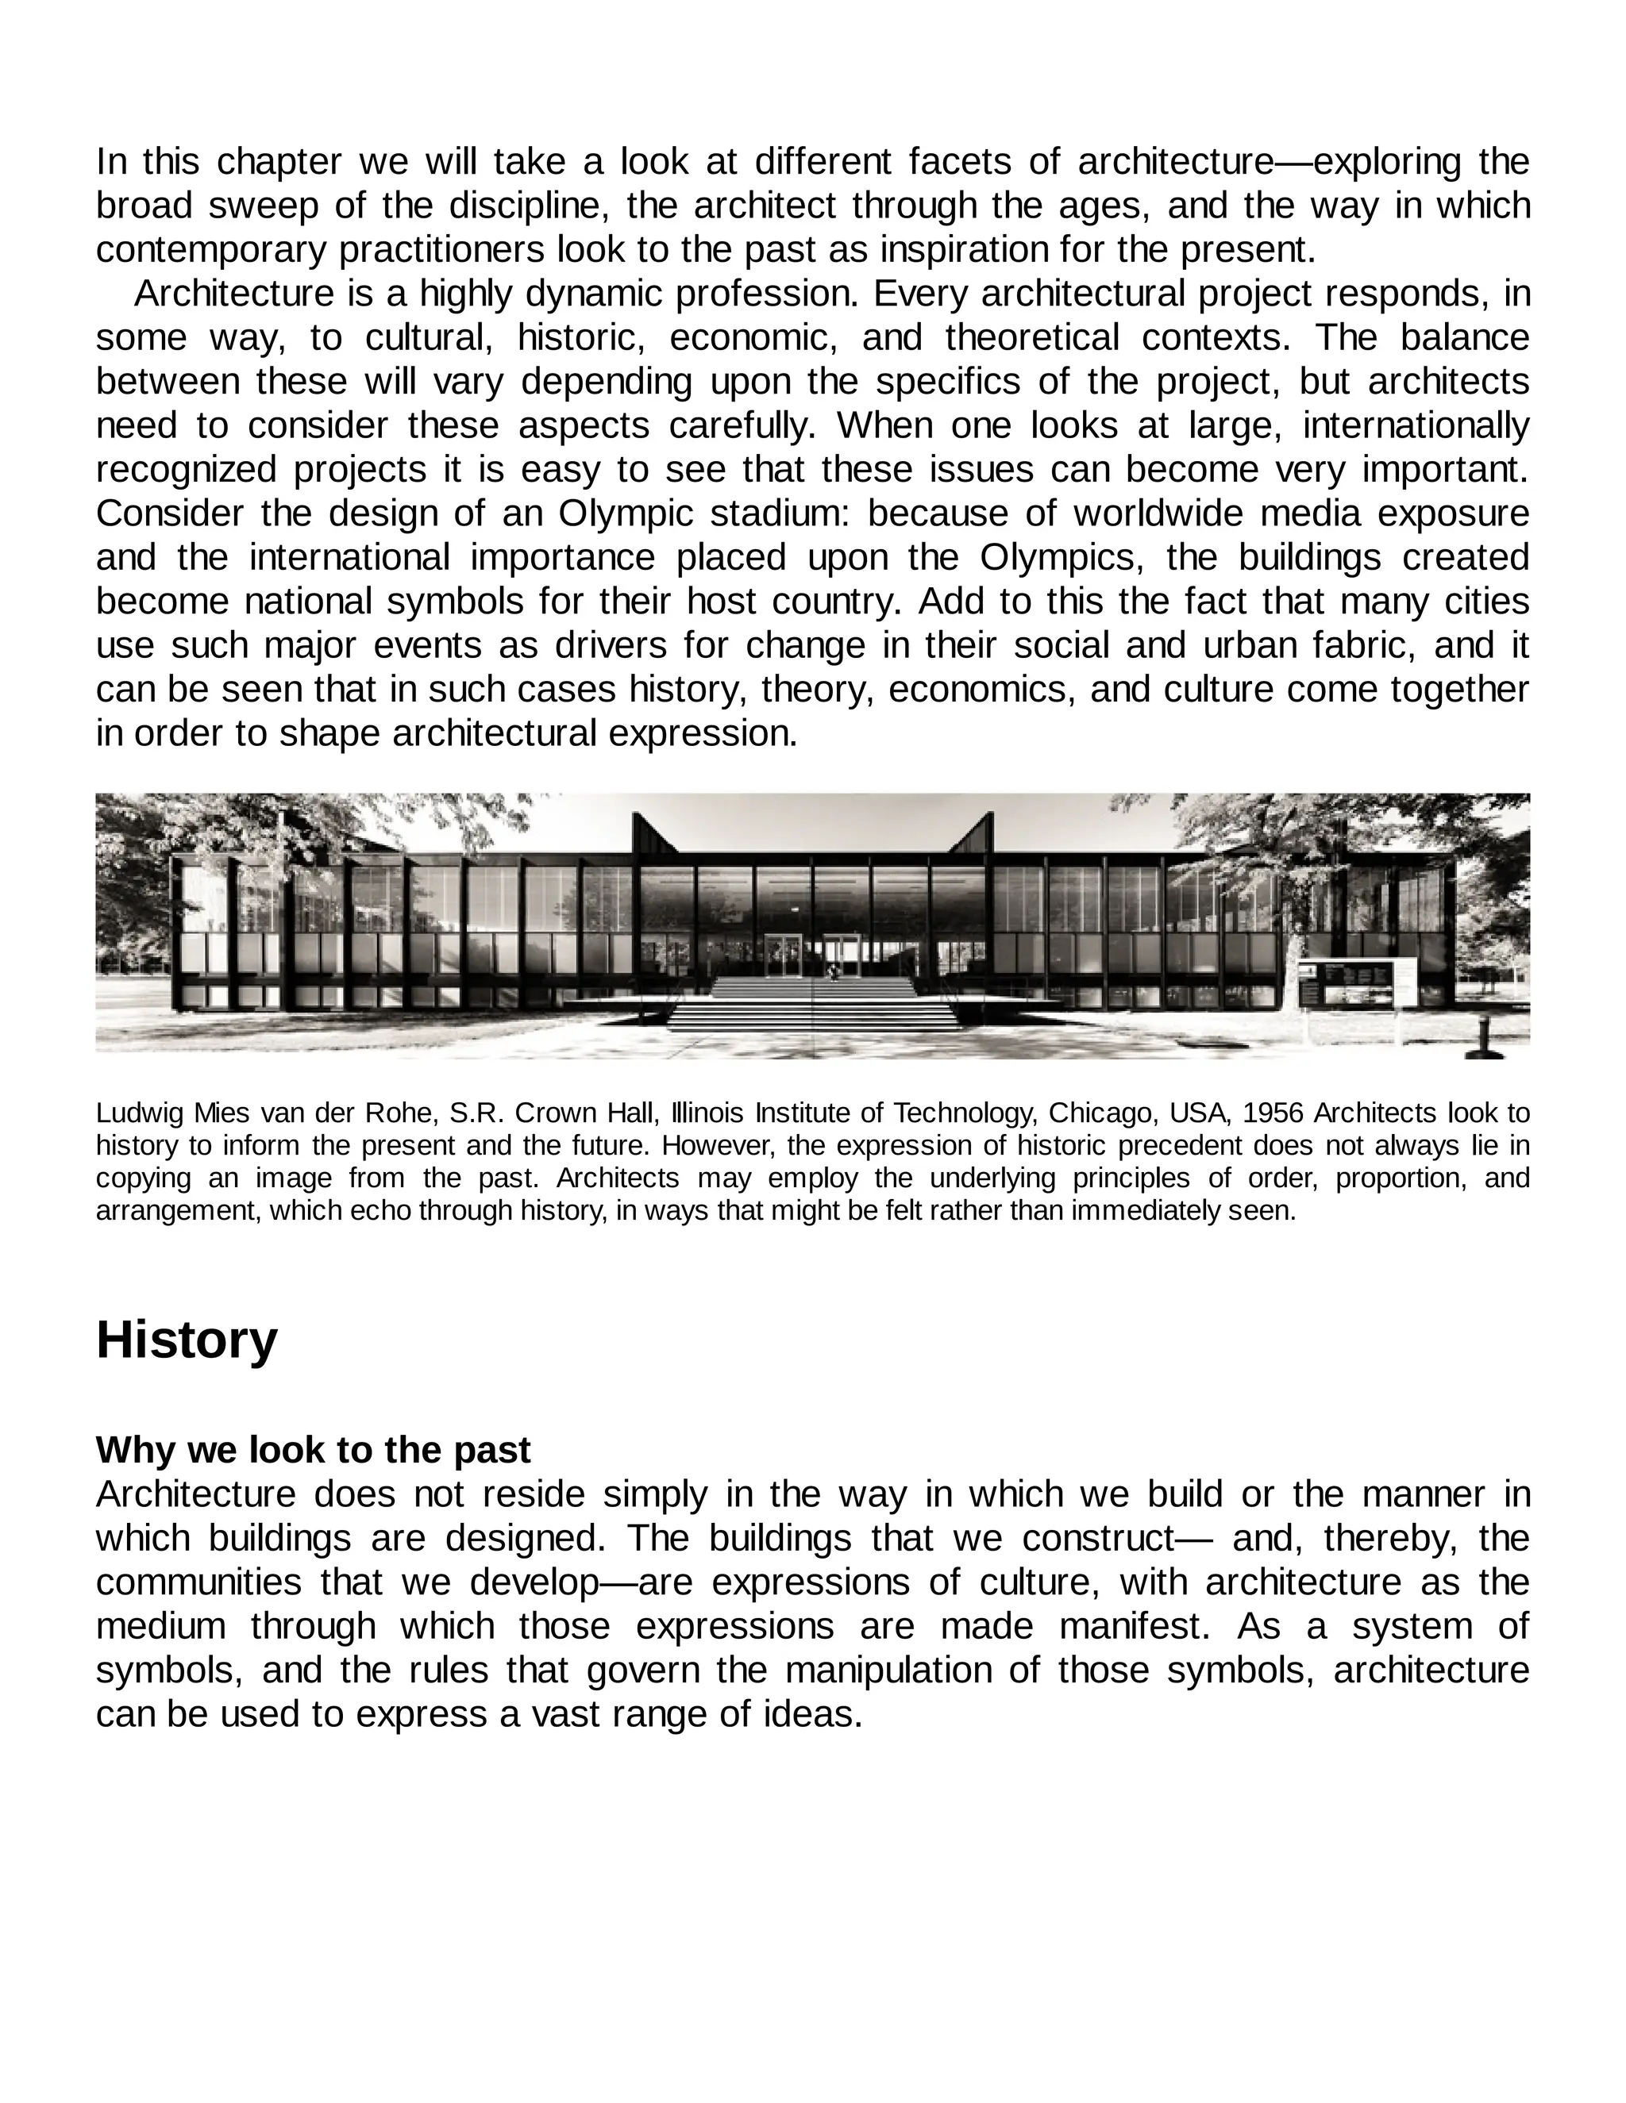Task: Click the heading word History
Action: coord(186,1340)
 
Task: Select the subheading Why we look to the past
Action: coord(313,1449)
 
